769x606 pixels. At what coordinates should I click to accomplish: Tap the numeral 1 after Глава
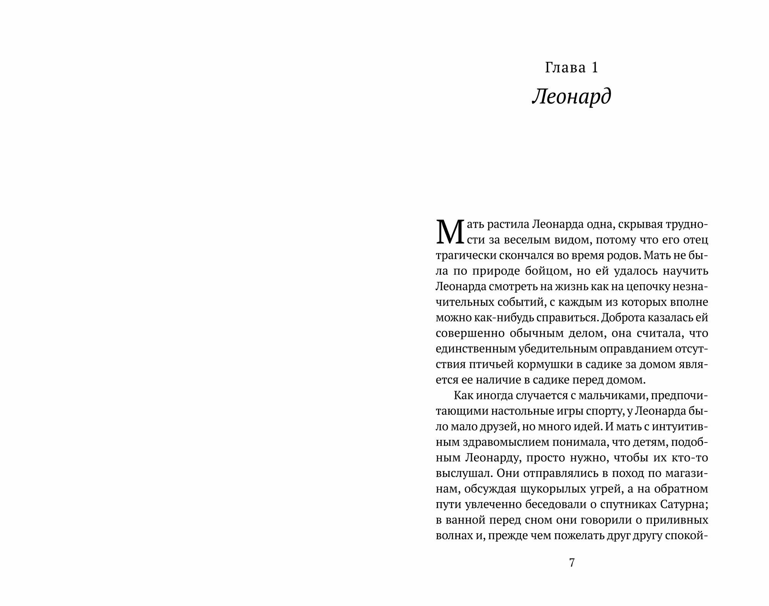click(x=594, y=68)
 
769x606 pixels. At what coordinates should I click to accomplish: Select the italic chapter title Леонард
click(x=571, y=97)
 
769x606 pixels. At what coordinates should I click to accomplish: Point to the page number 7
click(x=571, y=563)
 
